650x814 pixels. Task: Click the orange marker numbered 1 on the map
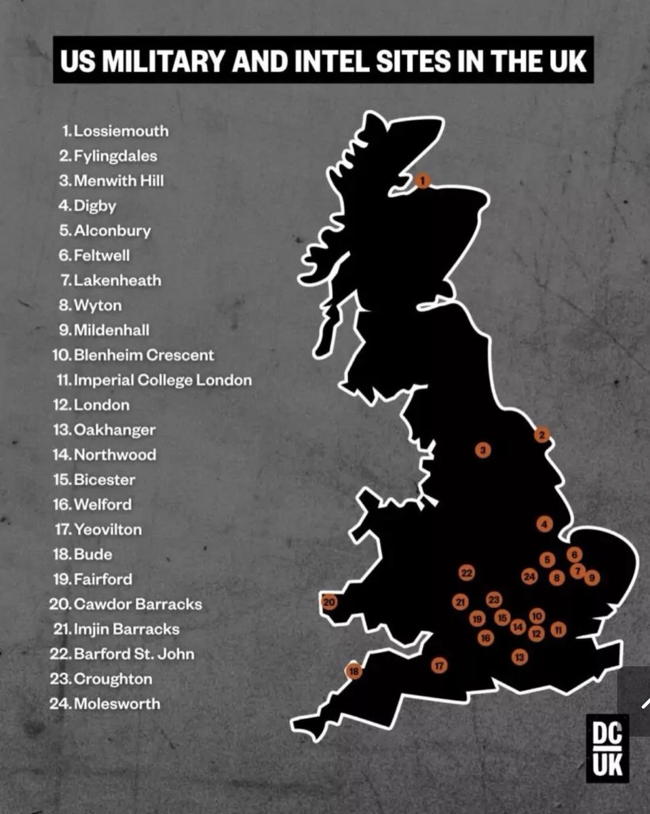(423, 180)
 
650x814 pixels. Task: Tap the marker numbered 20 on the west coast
(329, 602)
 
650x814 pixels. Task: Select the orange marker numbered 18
(353, 672)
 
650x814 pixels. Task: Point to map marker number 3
(482, 450)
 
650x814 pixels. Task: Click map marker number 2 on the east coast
(541, 435)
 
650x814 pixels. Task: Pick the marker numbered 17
(439, 665)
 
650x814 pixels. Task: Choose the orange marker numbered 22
(466, 573)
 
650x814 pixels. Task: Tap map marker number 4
(544, 524)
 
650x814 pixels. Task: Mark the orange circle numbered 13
(520, 657)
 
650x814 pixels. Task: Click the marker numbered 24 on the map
(530, 577)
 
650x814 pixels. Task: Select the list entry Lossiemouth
(121, 131)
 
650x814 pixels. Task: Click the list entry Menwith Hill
(119, 181)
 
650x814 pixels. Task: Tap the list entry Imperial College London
(162, 380)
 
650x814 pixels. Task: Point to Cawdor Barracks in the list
(138, 604)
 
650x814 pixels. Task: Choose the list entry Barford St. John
(134, 654)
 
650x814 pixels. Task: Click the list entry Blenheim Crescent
(143, 355)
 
